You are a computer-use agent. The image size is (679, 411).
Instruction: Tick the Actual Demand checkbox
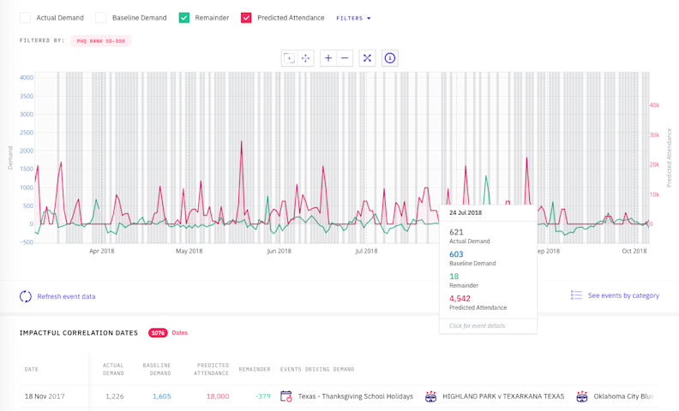pyautogui.click(x=25, y=18)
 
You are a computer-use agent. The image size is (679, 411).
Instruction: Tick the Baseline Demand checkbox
pyautogui.click(x=101, y=18)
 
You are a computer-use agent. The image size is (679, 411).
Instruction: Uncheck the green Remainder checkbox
pyautogui.click(x=183, y=18)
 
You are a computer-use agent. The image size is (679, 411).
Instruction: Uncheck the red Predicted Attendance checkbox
pyautogui.click(x=246, y=18)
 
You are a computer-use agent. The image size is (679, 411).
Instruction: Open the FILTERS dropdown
pyautogui.click(x=353, y=18)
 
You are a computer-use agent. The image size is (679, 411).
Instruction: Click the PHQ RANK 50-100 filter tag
pyautogui.click(x=100, y=41)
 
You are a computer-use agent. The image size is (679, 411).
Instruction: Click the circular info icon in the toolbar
pyautogui.click(x=389, y=58)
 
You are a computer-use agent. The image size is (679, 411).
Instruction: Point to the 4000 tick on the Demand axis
pyautogui.click(x=26, y=77)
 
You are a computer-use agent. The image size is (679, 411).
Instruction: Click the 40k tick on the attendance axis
pyautogui.click(x=653, y=105)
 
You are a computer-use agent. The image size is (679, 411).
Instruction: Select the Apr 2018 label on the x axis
pyautogui.click(x=101, y=251)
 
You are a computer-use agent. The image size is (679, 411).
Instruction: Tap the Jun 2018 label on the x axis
pyautogui.click(x=278, y=251)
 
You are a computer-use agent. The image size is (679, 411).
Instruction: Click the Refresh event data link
pyautogui.click(x=66, y=297)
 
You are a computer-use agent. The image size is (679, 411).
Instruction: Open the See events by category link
pyautogui.click(x=623, y=295)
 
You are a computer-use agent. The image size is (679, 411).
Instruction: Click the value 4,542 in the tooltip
pyautogui.click(x=460, y=299)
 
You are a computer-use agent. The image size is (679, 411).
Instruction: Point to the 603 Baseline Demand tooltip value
pyautogui.click(x=456, y=254)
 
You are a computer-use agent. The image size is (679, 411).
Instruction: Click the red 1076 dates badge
pyautogui.click(x=158, y=333)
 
